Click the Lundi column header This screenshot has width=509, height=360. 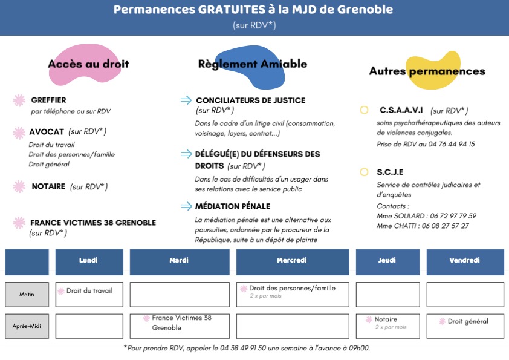[89, 261]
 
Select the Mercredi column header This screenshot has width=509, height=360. [293, 261]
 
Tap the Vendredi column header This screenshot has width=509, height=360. [465, 261]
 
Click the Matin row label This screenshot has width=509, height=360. [27, 295]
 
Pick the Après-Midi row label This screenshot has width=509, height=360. [27, 326]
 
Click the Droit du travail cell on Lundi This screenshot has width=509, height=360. [89, 294]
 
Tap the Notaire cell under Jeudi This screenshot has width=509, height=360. [387, 326]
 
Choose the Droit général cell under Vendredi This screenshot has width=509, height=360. [465, 326]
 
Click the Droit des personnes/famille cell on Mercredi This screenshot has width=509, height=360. [293, 294]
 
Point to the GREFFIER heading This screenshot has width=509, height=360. [48, 100]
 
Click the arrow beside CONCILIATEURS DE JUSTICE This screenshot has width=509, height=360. [186, 100]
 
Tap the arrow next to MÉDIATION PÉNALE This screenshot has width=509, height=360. [186, 206]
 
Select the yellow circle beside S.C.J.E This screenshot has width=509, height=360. [364, 172]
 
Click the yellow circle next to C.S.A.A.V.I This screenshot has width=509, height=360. [364, 110]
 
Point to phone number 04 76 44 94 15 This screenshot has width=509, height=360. [447, 144]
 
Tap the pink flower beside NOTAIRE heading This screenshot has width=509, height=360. [19, 187]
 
